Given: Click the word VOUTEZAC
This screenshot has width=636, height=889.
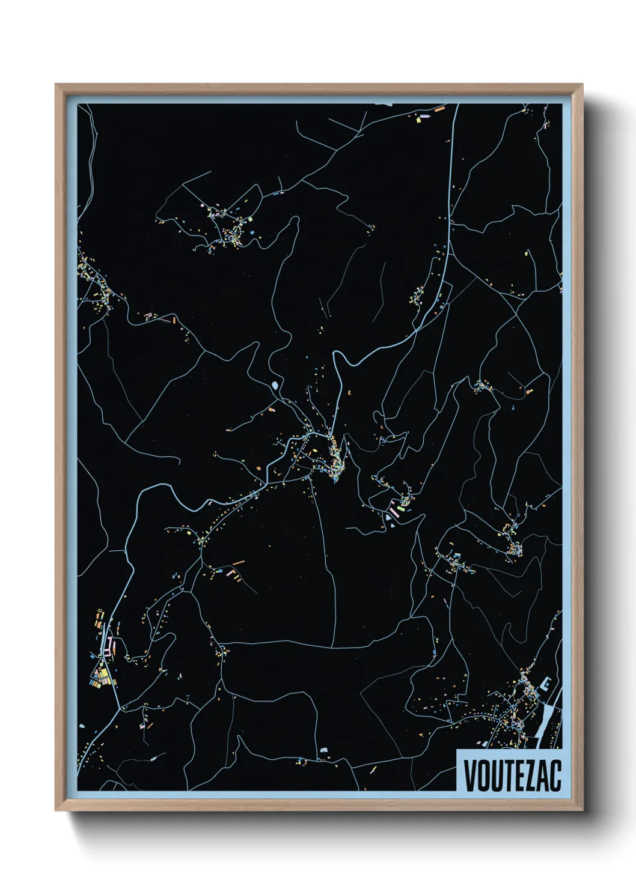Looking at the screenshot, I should pos(512,775).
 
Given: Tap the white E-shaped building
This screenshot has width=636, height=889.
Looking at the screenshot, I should pos(546,683).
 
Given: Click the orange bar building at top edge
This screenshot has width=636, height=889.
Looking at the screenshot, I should pos(439,109).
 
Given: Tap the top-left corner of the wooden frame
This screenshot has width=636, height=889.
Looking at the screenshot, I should pos(57,86).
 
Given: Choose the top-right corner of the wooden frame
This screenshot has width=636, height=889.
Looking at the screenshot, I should pos(581,86).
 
